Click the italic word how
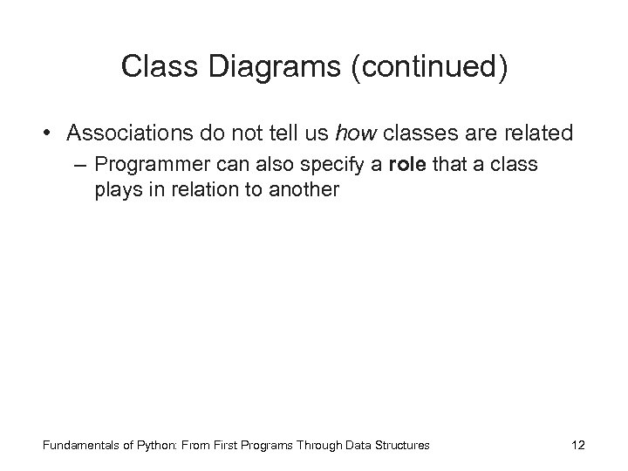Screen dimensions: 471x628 tap(353, 133)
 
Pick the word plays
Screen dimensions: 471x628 tap(118, 190)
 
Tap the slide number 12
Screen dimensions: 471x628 tap(577, 446)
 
